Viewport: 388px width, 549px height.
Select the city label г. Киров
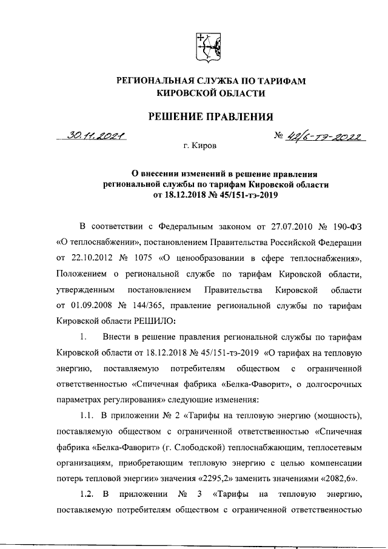point(199,146)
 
